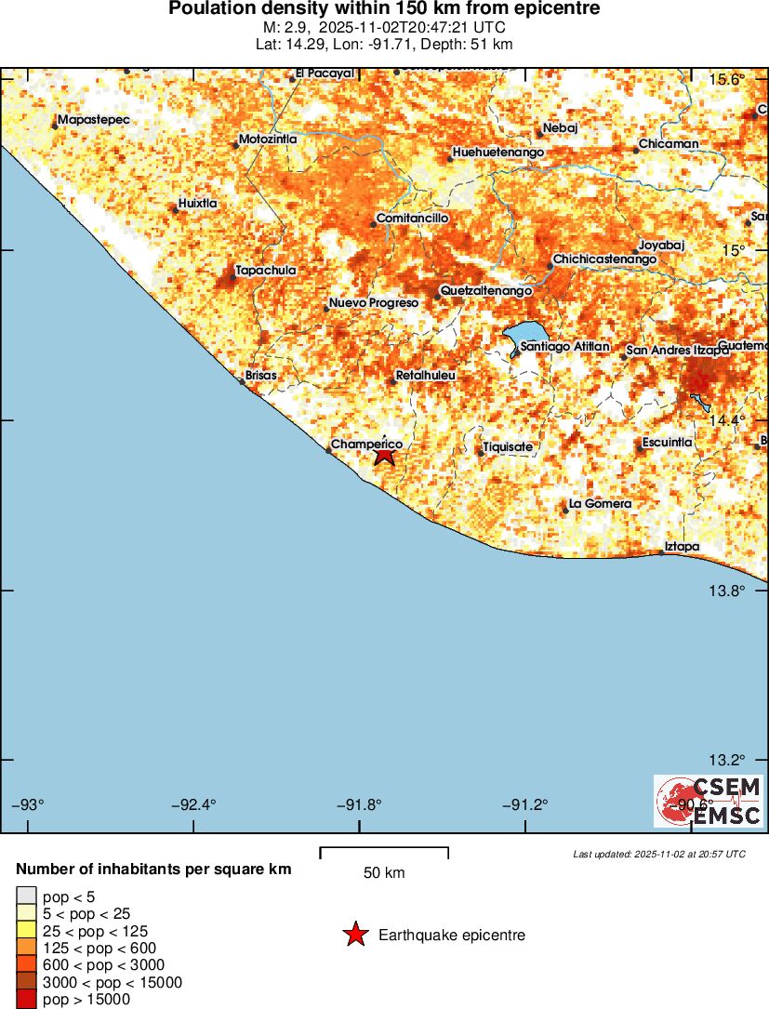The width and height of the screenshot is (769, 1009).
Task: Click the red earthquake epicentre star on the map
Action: (385, 455)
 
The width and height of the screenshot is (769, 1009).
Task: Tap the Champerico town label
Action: (366, 445)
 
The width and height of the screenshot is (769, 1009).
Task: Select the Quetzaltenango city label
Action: (486, 291)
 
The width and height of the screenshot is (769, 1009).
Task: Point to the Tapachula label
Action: (266, 271)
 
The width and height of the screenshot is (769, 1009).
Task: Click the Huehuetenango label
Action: (497, 153)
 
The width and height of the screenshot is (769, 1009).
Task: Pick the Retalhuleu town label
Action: (425, 376)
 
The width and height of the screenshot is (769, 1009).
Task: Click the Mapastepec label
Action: (93, 120)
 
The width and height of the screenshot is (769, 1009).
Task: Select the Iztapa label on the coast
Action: (683, 547)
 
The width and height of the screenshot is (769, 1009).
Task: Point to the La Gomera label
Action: (600, 504)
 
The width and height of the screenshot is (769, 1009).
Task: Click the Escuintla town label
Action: (667, 443)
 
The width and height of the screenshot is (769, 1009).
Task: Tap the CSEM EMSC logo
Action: (708, 802)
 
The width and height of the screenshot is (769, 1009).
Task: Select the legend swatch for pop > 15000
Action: (26, 1000)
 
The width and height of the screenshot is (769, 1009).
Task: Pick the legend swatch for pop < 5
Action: (26, 896)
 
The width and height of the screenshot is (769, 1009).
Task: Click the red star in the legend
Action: (354, 935)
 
